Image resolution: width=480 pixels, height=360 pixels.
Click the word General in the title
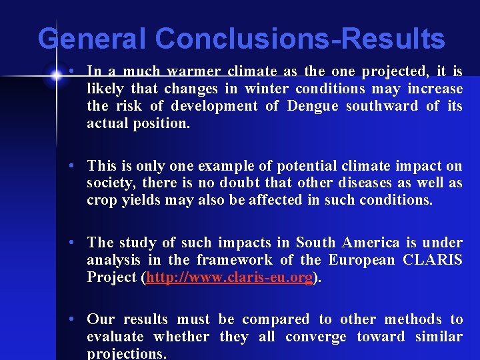pos(90,39)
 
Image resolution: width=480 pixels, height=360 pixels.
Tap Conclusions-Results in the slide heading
pos(297,39)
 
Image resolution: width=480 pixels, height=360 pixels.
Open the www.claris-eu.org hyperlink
pos(229,278)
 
